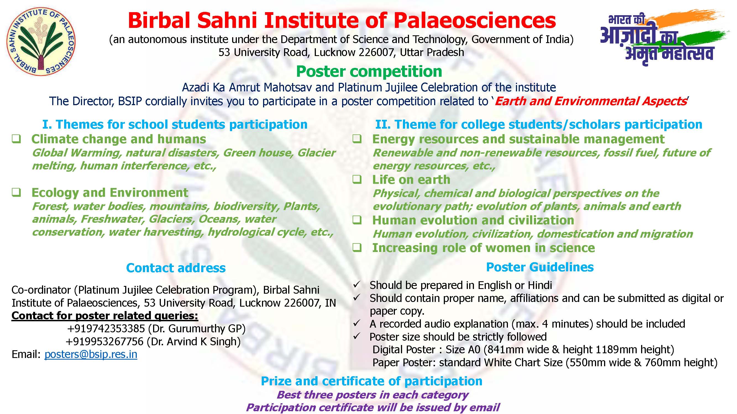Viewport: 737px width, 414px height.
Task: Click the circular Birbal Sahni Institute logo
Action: (41, 41)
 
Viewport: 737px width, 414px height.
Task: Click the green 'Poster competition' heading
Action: (369, 71)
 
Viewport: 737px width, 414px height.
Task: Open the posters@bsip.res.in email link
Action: (91, 355)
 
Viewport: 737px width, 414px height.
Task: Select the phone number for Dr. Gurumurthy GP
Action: (106, 328)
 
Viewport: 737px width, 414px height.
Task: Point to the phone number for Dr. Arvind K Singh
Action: (104, 341)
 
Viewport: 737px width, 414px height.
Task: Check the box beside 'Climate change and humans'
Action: (16, 139)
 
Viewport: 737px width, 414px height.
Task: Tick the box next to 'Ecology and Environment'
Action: (16, 192)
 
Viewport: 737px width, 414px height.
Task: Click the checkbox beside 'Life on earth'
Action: (357, 179)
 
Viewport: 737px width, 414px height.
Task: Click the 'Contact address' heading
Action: (176, 268)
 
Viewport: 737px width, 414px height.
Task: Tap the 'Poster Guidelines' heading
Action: (540, 267)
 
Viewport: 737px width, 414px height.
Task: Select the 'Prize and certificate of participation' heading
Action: (372, 381)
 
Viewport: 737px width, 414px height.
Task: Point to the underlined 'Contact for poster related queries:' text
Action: (105, 316)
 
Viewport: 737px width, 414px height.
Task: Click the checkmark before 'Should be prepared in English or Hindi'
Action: (356, 285)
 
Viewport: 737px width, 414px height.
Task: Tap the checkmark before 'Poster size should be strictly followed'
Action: (356, 336)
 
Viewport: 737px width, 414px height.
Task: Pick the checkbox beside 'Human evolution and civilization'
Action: (357, 220)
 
